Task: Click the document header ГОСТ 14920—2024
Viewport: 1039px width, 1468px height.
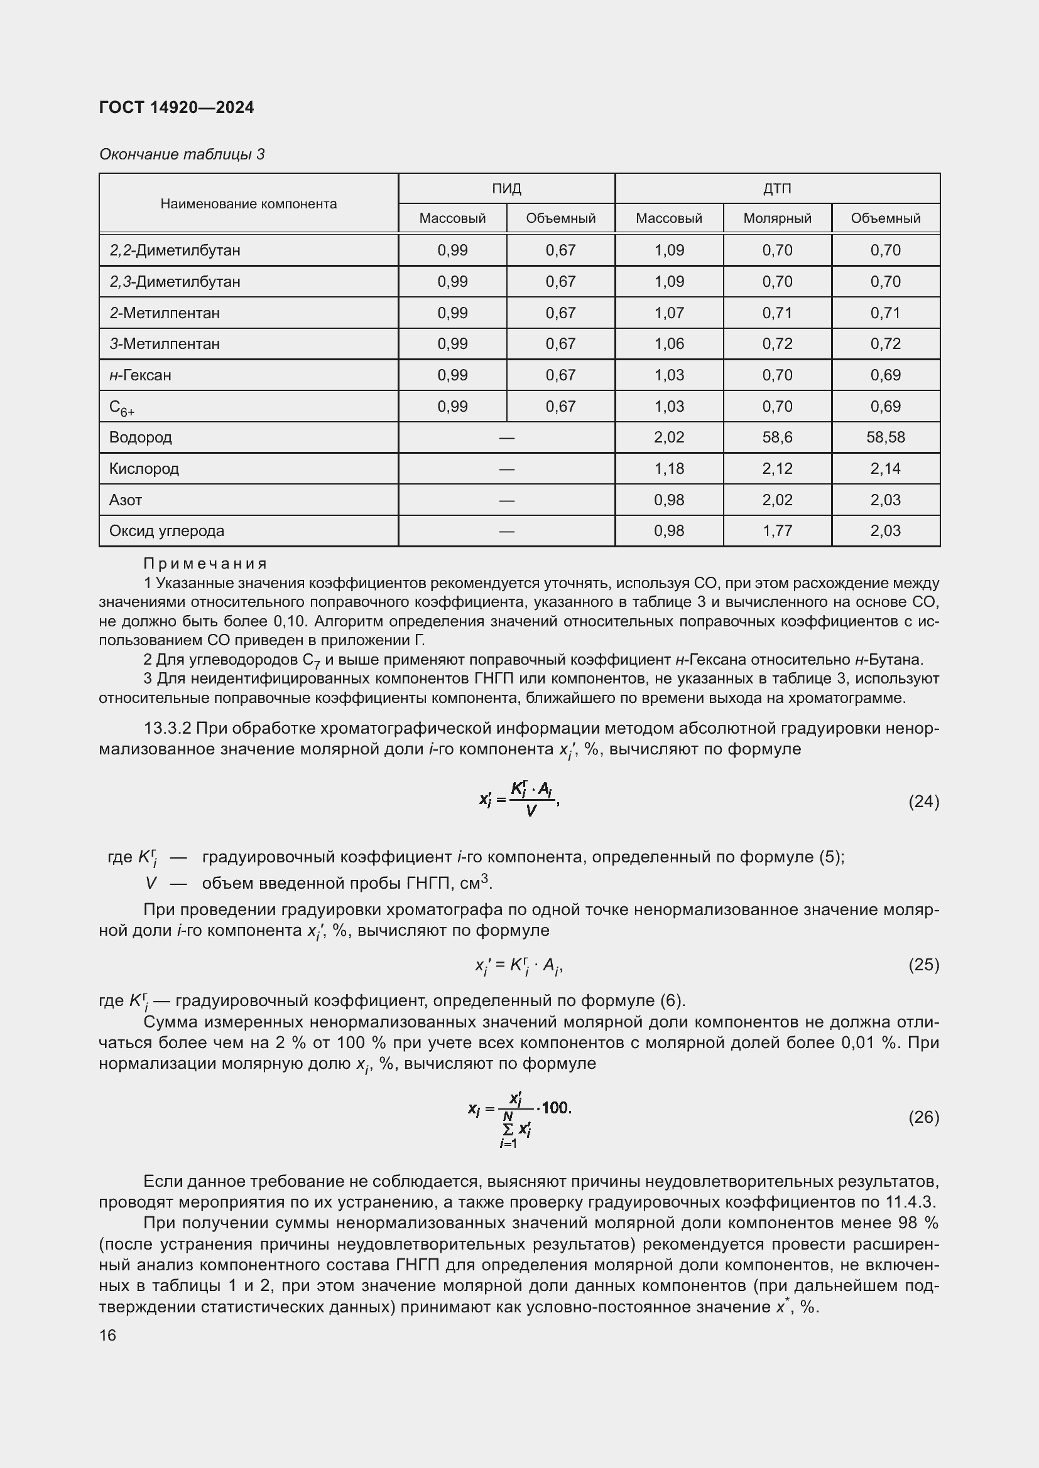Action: click(177, 107)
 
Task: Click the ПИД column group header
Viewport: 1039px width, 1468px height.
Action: click(506, 189)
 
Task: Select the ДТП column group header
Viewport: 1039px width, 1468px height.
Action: click(776, 189)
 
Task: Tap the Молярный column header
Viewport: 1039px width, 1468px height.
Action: click(776, 218)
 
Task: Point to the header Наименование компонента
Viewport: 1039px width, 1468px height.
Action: click(248, 204)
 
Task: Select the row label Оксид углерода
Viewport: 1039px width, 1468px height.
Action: click(166, 531)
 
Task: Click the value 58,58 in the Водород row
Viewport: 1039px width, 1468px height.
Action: click(886, 437)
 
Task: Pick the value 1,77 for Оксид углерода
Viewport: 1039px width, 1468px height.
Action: click(776, 531)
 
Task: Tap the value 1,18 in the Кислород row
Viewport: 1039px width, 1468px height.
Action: click(668, 469)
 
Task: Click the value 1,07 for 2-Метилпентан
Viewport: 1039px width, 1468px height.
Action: click(668, 313)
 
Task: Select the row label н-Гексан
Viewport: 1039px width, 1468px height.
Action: click(140, 375)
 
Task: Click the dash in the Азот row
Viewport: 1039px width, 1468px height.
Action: click(506, 500)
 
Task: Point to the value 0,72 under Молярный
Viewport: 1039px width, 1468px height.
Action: click(776, 344)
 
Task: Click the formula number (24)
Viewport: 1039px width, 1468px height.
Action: click(923, 801)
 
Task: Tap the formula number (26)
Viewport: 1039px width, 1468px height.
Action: click(923, 1117)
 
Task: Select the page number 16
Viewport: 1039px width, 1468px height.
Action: click(107, 1335)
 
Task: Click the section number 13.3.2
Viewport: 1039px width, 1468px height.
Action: click(168, 728)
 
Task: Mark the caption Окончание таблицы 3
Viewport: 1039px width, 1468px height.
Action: click(182, 154)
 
